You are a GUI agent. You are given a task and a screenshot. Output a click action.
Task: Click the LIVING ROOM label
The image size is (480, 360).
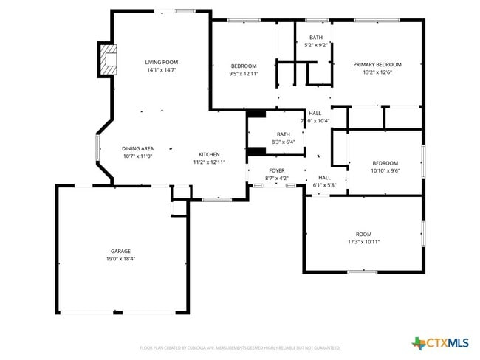pyautogui.click(x=161, y=62)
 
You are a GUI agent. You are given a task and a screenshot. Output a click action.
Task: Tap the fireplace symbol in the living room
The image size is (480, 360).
pyautogui.click(x=108, y=60)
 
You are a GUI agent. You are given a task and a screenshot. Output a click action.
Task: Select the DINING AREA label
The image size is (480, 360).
pyautogui.click(x=137, y=148)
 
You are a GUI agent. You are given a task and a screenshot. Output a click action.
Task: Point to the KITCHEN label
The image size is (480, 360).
pyautogui.click(x=209, y=154)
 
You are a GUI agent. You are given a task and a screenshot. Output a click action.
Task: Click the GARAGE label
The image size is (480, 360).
pyautogui.click(x=120, y=251)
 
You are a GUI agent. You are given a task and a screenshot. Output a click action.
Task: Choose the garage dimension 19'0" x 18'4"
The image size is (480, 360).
pyautogui.click(x=120, y=259)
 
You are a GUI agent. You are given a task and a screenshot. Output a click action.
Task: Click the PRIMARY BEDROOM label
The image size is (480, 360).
pyautogui.click(x=377, y=65)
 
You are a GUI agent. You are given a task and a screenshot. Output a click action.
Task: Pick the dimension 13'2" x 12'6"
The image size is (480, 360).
pyautogui.click(x=377, y=72)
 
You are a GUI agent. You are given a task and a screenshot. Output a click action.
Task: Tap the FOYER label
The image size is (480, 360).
pyautogui.click(x=276, y=170)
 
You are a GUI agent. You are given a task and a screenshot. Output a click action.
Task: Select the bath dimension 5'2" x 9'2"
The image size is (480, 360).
pyautogui.click(x=316, y=45)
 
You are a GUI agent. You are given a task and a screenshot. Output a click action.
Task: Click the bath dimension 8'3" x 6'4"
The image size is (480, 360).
pyautogui.click(x=283, y=142)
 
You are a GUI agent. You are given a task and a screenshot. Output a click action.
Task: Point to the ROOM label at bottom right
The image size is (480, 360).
pyautogui.click(x=363, y=234)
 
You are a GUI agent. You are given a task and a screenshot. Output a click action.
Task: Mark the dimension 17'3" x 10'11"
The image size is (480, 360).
pyautogui.click(x=363, y=242)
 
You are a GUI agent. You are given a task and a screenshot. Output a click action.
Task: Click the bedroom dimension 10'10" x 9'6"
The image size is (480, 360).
pyautogui.click(x=385, y=170)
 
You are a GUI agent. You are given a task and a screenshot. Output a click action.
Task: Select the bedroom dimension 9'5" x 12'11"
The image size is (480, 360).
pyautogui.click(x=243, y=73)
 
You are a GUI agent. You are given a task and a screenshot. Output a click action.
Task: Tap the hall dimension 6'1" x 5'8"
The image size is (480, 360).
pyautogui.click(x=325, y=185)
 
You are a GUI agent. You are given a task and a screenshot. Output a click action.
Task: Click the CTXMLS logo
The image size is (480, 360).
pyautogui.click(x=440, y=342)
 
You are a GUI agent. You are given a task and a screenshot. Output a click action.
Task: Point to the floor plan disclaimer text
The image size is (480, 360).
pyautogui.click(x=239, y=347)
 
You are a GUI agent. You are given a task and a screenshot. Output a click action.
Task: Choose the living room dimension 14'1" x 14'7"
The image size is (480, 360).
pyautogui.click(x=161, y=70)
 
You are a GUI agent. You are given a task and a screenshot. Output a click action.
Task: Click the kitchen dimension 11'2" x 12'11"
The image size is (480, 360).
pyautogui.click(x=209, y=162)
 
